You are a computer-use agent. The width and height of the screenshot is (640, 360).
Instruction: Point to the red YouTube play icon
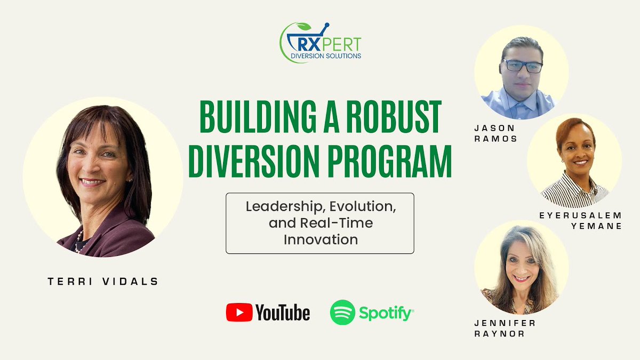[x=239, y=313]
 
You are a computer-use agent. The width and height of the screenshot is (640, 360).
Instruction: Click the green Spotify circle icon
[x=342, y=313]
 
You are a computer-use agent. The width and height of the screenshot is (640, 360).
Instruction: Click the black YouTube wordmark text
[x=282, y=313]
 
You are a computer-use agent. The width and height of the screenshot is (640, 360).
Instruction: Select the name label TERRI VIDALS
[x=103, y=281]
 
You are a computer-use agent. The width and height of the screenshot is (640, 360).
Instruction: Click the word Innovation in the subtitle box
[x=320, y=239]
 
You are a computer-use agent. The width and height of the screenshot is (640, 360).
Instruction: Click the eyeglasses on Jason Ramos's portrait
[x=523, y=66]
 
